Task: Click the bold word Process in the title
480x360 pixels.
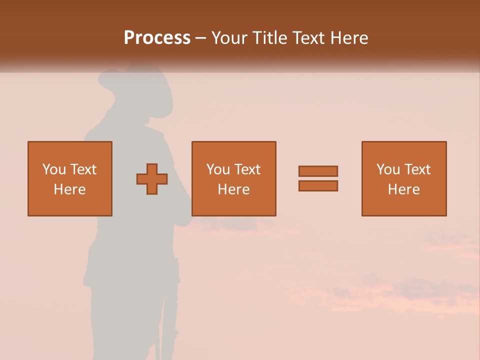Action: [x=157, y=37]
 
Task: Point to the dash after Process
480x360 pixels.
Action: [x=201, y=38]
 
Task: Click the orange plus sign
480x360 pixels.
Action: [x=152, y=179]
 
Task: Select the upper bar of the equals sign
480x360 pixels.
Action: [x=318, y=171]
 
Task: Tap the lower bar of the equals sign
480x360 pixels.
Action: [x=318, y=185]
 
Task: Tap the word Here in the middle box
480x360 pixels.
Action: [x=234, y=189]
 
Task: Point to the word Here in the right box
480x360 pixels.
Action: [x=404, y=189]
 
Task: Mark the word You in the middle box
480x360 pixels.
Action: [x=218, y=169]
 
